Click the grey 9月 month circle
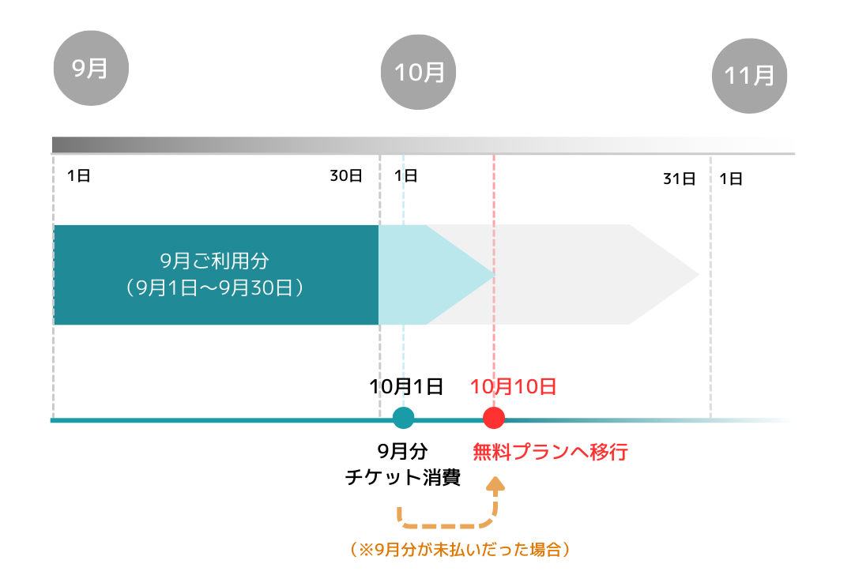tap(91, 68)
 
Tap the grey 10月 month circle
tap(418, 72)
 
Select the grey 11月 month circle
tap(749, 76)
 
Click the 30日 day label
tap(346, 176)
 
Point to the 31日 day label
tap(679, 179)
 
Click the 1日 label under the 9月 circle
tap(78, 176)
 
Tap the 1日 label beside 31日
tap(731, 179)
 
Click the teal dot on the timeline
tap(404, 418)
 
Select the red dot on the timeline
tap(494, 418)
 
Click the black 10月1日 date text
tap(406, 386)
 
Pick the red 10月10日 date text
tap(513, 386)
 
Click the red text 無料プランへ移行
tap(550, 452)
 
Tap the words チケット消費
tap(403, 478)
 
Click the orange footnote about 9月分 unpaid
tap(460, 549)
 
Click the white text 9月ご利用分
tap(214, 261)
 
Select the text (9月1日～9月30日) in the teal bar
tap(214, 288)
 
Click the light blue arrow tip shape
tap(437, 275)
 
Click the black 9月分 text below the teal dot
tap(402, 451)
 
